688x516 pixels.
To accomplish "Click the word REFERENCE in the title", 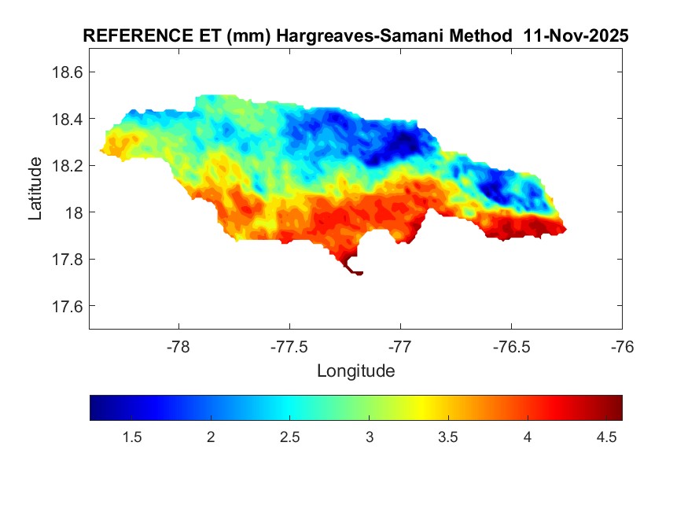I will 131,36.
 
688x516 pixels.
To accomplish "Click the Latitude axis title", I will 35,188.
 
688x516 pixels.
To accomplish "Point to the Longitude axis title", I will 355,370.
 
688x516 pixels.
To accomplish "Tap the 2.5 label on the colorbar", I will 289,437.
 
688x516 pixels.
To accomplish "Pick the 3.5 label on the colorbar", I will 448,437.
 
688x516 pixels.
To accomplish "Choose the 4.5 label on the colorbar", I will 606,437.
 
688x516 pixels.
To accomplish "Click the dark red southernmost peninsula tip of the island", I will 357,272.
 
